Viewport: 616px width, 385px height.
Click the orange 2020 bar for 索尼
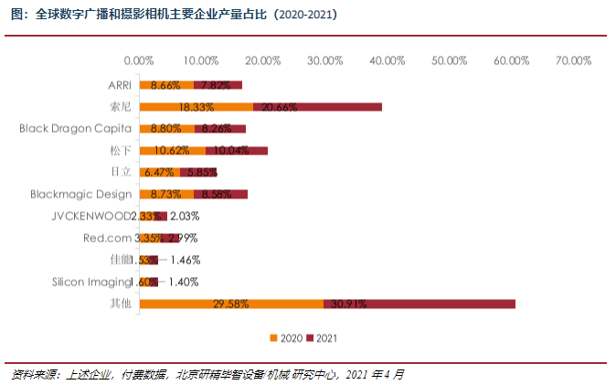coord(196,107)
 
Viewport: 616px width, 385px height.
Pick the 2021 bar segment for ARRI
coord(218,85)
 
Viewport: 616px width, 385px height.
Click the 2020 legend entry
coord(285,338)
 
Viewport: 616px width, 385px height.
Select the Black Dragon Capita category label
coord(75,129)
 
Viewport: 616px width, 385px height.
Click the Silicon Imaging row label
coord(92,282)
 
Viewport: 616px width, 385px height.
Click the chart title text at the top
coord(173,15)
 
